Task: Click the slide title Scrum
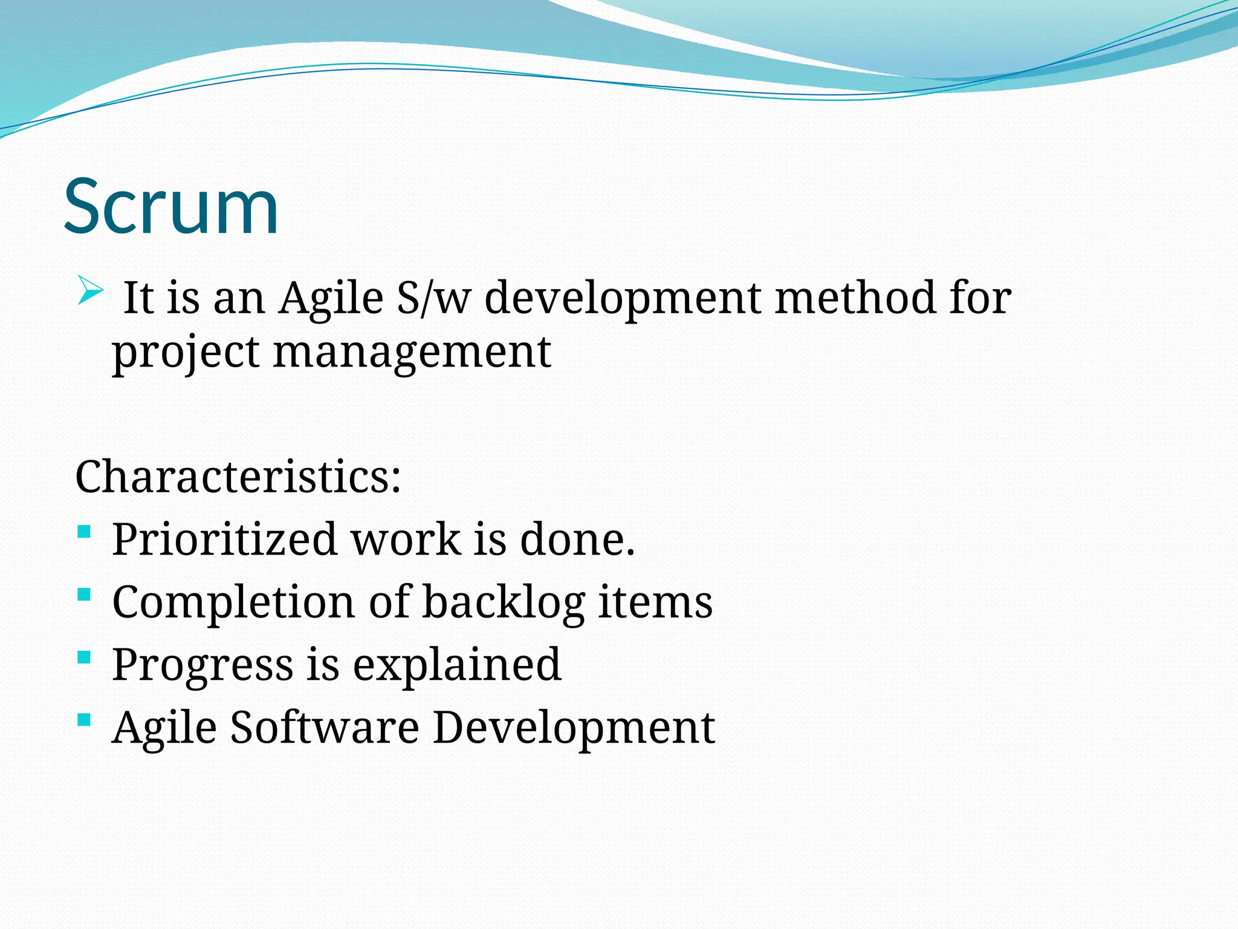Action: (x=171, y=206)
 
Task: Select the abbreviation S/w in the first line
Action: (x=433, y=298)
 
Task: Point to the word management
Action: (x=412, y=352)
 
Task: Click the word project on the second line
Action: (x=185, y=353)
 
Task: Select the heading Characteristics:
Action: (x=238, y=477)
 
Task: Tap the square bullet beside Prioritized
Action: (x=85, y=532)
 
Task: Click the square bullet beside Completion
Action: (x=85, y=595)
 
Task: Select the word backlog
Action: (x=503, y=602)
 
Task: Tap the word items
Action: (x=655, y=602)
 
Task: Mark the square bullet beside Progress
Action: (x=85, y=657)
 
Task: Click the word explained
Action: (x=457, y=665)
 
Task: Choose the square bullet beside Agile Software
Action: (x=85, y=720)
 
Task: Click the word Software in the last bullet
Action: (x=325, y=726)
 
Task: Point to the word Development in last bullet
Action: (x=574, y=728)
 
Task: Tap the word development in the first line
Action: (x=623, y=299)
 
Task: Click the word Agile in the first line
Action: (x=331, y=299)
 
